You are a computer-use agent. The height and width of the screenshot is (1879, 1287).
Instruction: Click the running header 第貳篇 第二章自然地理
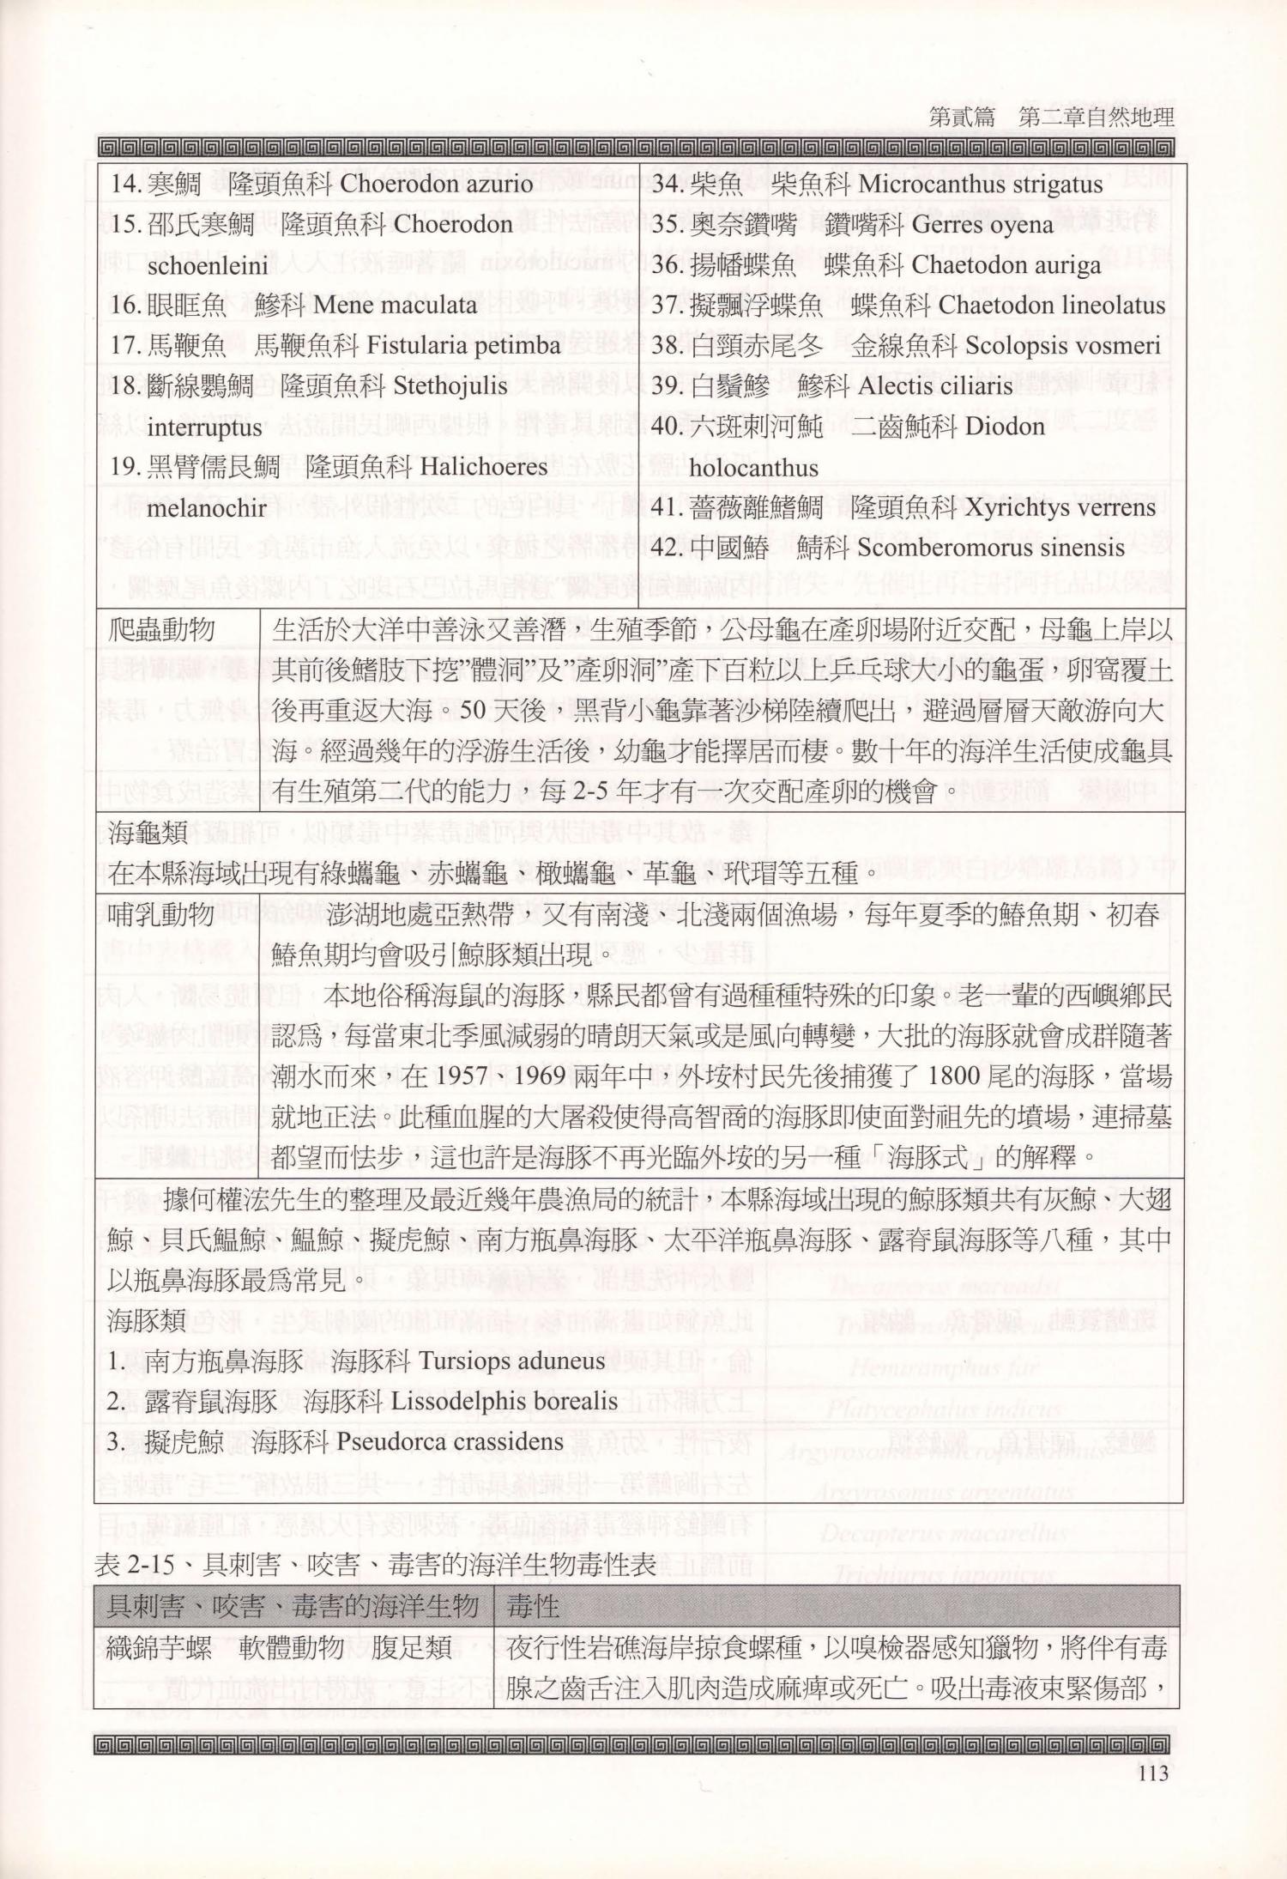pyautogui.click(x=1051, y=117)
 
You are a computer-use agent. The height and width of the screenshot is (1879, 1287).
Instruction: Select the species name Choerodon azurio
pyautogui.click(x=436, y=184)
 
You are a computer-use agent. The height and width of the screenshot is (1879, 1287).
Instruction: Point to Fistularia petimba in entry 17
pyautogui.click(x=462, y=346)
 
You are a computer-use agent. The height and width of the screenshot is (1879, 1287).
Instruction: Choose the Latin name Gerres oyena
pyautogui.click(x=982, y=225)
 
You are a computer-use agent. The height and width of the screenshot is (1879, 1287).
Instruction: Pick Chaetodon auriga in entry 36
pyautogui.click(x=1006, y=265)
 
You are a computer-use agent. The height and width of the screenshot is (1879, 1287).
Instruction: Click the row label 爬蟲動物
pyautogui.click(x=163, y=630)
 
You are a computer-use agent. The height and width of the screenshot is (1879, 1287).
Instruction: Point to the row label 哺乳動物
pyautogui.click(x=163, y=914)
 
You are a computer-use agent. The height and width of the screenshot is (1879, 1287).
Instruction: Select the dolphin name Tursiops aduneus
pyautogui.click(x=513, y=1361)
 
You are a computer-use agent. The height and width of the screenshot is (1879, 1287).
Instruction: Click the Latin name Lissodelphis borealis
pyautogui.click(x=504, y=1401)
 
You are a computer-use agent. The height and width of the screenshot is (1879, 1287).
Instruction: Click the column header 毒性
pyautogui.click(x=534, y=1605)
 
